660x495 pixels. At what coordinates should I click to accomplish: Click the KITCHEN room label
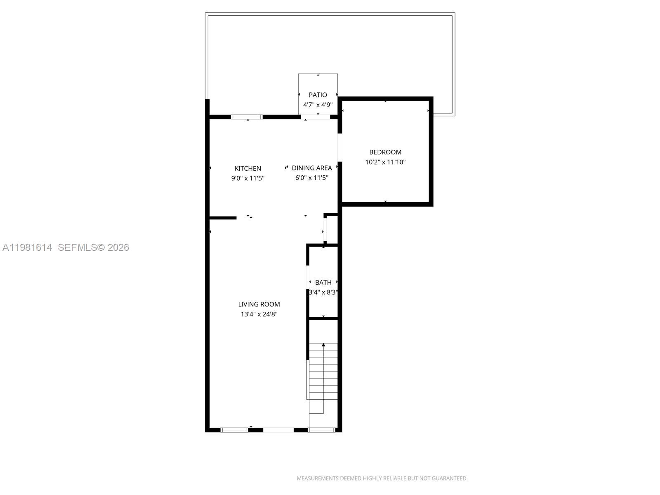coord(247,168)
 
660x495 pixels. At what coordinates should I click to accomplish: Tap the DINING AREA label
coord(312,168)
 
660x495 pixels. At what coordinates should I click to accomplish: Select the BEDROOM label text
coord(385,152)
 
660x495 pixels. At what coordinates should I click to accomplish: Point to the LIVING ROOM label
coord(259,304)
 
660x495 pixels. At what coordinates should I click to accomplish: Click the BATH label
coord(323,283)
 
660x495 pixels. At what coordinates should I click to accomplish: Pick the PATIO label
coord(318,95)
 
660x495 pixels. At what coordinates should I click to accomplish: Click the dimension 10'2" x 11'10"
coord(385,162)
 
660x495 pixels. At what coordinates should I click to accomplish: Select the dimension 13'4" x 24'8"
coord(259,314)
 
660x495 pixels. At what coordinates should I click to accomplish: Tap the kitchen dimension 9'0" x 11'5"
coord(247,178)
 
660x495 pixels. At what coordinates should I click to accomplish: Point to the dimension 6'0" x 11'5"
coord(312,178)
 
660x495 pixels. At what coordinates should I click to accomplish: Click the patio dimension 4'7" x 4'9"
coord(318,105)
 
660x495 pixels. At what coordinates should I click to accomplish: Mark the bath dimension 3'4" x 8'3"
coord(323,292)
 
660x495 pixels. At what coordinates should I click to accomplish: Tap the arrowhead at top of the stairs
coord(323,344)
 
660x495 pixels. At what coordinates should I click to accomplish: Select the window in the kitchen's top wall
coord(247,117)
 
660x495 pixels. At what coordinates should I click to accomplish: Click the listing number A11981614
coord(27,247)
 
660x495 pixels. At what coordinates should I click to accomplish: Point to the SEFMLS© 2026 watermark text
coord(94,247)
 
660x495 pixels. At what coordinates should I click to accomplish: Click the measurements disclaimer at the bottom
coord(382,478)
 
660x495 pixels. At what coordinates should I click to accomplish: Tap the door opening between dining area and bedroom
coord(339,147)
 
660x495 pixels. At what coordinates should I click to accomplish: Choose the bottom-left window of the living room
coord(234,430)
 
